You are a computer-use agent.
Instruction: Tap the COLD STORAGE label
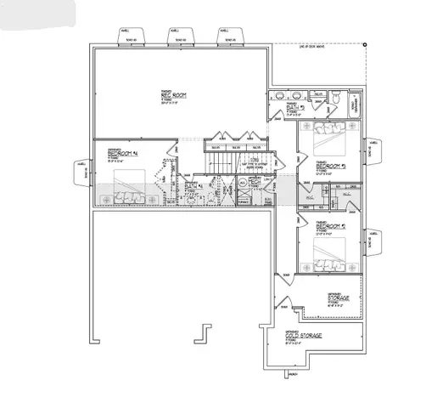304,335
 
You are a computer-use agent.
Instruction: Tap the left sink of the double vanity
277,97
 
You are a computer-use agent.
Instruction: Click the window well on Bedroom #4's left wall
83,173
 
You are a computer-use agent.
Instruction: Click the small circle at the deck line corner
364,44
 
